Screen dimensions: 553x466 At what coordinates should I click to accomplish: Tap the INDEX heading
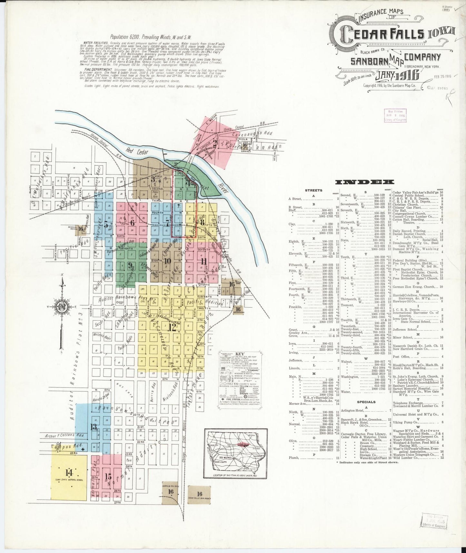point(364,182)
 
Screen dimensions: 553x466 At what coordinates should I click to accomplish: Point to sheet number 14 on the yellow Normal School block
point(68,473)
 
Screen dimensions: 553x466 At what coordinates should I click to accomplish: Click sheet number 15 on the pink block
point(108,477)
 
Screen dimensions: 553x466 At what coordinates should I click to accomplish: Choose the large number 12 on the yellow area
point(172,327)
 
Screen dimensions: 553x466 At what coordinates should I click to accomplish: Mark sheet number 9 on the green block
point(130,266)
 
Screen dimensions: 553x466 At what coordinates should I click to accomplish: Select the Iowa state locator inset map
point(235,453)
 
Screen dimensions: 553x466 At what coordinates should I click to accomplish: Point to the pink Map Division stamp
point(395,115)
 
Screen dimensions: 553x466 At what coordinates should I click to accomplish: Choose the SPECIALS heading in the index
point(366,402)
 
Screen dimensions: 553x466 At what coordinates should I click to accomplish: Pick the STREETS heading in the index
point(314,190)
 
